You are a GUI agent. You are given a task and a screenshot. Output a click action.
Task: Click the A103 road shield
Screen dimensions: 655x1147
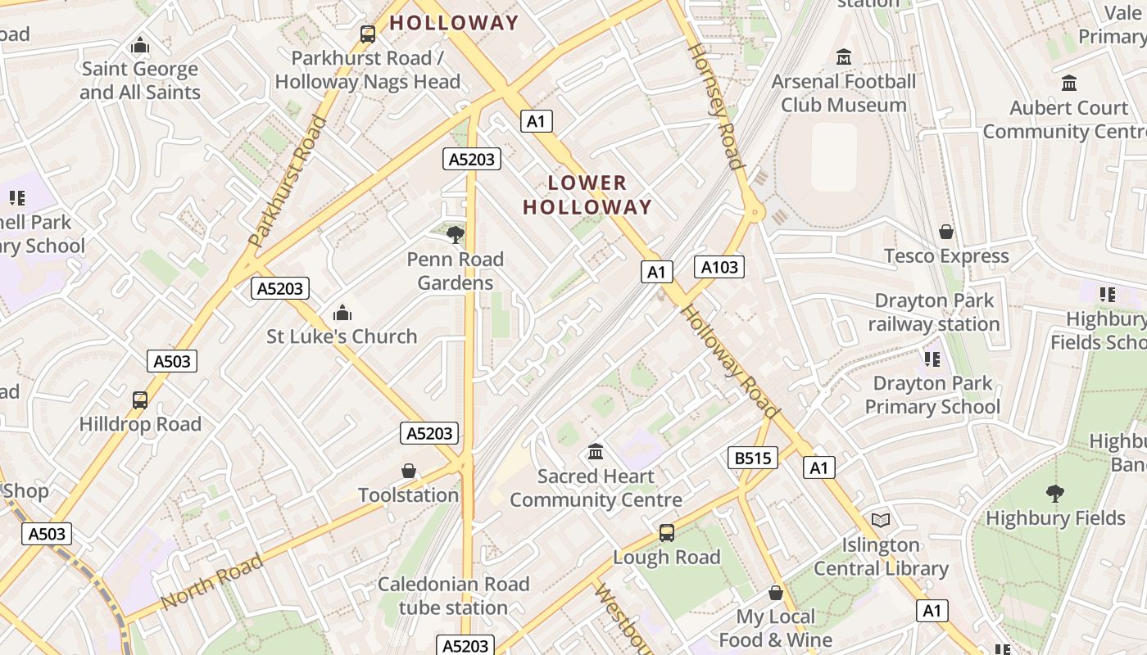tap(719, 266)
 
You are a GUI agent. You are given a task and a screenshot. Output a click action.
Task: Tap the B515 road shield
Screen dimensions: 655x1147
tap(752, 458)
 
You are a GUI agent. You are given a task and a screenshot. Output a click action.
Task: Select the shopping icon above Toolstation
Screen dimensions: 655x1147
tap(409, 471)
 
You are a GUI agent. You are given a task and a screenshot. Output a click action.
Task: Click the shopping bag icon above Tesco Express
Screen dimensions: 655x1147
tap(946, 232)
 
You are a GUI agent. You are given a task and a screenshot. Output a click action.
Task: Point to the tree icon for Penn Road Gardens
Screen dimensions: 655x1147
tap(455, 236)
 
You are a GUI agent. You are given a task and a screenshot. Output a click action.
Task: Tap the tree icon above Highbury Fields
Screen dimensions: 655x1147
tap(1054, 494)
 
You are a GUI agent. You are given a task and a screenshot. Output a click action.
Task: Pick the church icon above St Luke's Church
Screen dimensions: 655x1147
tap(342, 313)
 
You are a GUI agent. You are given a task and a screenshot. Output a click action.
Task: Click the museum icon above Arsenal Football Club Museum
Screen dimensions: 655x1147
tap(843, 57)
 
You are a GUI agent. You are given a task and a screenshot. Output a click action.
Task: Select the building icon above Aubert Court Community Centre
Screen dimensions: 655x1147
tap(1068, 84)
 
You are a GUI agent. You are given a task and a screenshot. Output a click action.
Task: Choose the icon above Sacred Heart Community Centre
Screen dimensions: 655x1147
tap(596, 452)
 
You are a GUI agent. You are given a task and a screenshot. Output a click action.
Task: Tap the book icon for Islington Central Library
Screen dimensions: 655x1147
tap(881, 521)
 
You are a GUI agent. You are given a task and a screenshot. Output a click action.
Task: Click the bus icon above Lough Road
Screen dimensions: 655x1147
tap(667, 533)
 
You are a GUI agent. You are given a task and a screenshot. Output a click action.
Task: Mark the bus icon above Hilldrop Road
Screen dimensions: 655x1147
tap(140, 400)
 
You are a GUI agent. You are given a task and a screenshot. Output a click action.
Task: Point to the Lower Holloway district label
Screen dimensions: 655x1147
tap(587, 195)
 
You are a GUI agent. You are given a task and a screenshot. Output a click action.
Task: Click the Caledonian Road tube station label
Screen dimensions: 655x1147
tap(453, 595)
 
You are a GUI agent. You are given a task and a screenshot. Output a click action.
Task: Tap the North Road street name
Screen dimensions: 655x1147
tap(211, 582)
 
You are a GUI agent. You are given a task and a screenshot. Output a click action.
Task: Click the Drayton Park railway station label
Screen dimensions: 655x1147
tap(934, 313)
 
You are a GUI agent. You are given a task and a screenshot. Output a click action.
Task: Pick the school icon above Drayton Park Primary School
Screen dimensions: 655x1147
tap(932, 359)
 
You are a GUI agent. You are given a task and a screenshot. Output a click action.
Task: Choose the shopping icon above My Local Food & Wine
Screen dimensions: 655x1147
tap(775, 593)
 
